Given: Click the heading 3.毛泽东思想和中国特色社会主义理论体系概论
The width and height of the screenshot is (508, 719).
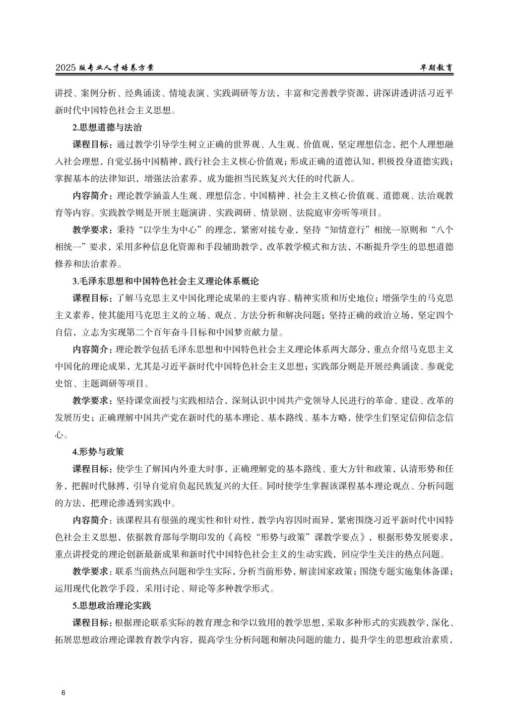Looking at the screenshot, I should click(x=166, y=281).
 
